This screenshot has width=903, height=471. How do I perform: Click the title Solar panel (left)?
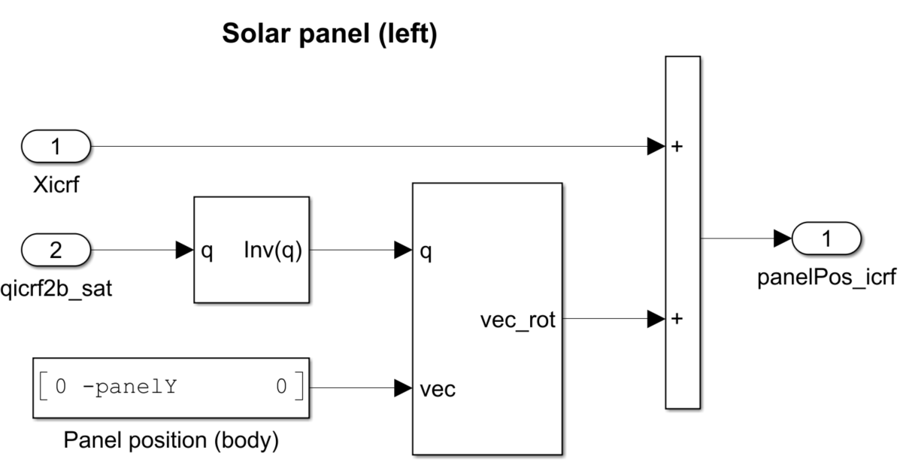coord(329,35)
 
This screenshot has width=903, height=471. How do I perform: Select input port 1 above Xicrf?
coord(56,146)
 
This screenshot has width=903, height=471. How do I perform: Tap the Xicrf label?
coord(56,184)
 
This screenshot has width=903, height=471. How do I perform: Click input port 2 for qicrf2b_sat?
coord(56,251)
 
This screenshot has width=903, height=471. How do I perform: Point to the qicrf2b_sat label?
coord(57,288)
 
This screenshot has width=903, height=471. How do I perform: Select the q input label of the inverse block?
coord(207,252)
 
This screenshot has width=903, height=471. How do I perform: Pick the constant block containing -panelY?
coord(171,387)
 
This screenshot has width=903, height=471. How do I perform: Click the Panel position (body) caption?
coord(171,439)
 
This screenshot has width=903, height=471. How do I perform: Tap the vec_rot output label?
coord(517,321)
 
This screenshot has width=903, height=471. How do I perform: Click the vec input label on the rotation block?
coord(437,390)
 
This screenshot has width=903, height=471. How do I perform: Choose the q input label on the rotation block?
coord(426,252)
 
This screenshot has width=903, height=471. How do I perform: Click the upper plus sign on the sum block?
coord(677,147)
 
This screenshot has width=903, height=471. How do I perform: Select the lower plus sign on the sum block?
coord(677,319)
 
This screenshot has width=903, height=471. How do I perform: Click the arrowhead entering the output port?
coord(783,239)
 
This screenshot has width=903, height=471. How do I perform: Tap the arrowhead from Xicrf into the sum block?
coord(656,147)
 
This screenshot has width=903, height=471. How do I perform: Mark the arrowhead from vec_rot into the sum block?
coord(656,319)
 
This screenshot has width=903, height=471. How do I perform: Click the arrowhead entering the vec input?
coord(403,388)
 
